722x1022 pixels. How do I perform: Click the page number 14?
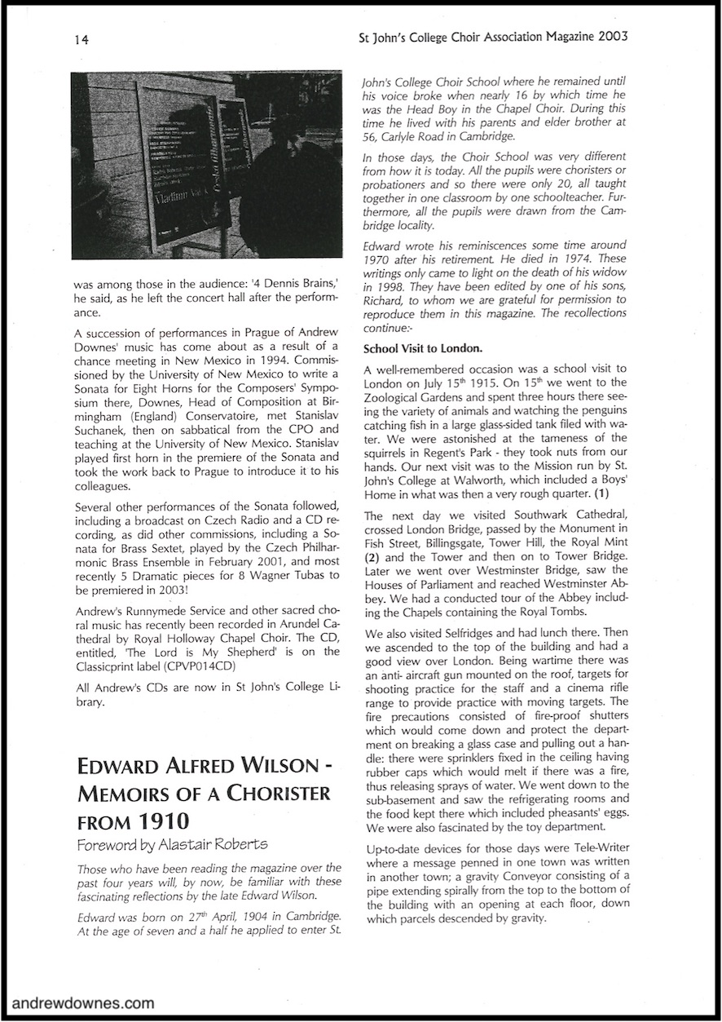coord(80,38)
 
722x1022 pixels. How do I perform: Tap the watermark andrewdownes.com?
coord(83,1002)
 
